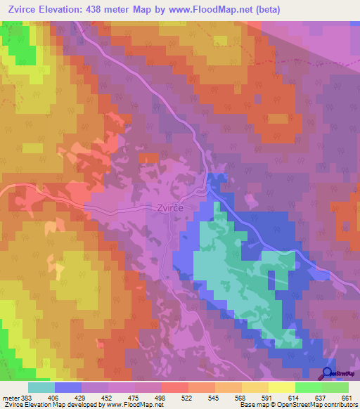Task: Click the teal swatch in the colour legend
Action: tap(41, 387)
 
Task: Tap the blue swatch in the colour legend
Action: tap(68, 387)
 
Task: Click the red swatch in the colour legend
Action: tap(175, 387)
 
